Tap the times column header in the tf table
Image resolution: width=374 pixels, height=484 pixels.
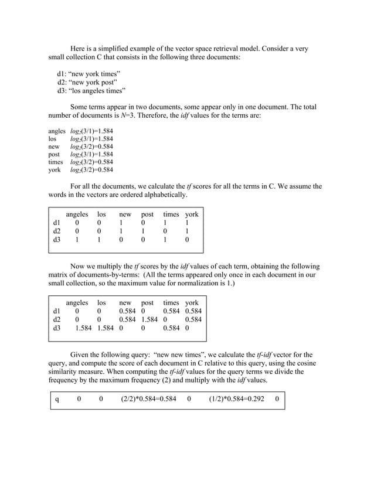(171, 214)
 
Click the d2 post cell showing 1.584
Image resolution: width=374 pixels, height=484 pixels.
(150, 319)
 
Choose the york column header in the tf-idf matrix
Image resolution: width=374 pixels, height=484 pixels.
(192, 303)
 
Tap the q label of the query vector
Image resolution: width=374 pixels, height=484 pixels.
(57, 400)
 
